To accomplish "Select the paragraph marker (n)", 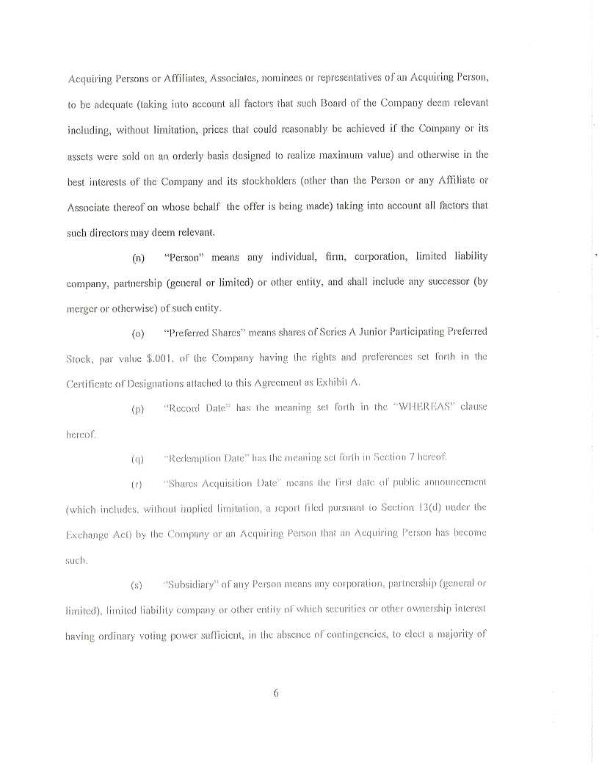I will (138, 258).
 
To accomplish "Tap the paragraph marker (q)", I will (137, 460).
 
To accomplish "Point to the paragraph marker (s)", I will (137, 586).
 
